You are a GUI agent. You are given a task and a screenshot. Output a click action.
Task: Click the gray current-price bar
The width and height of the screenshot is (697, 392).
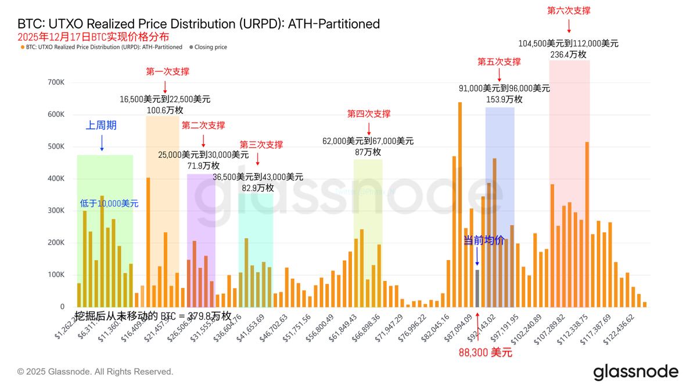coord(477,288)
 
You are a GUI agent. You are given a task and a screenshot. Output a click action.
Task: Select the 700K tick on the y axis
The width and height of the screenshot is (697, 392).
coord(56,82)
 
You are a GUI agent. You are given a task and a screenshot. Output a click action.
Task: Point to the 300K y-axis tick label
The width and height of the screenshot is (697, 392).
coord(56,211)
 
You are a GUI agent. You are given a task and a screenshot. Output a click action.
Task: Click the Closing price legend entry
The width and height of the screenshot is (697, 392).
coord(210,47)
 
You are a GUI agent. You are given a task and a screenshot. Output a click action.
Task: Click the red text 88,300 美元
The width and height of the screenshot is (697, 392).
coord(486,352)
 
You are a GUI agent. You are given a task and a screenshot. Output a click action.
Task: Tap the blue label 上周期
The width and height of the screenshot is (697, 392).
coord(102,125)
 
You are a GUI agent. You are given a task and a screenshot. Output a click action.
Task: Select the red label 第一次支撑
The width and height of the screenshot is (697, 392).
coord(167,72)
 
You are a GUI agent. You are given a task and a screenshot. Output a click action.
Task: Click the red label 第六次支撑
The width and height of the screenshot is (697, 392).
coord(569,10)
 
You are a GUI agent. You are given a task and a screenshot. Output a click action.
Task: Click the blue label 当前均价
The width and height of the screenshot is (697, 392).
coord(483,240)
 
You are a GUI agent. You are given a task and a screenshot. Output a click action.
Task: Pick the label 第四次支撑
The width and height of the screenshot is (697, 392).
coord(369,114)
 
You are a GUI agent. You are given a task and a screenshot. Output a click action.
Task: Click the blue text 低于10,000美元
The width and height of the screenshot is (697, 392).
coord(109,203)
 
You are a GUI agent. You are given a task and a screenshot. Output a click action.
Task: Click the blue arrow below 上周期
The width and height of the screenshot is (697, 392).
coord(102,143)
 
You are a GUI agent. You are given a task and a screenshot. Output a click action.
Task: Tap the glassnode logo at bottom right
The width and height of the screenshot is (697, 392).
coord(635,372)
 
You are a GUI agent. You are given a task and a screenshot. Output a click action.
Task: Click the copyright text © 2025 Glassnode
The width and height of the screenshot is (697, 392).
coord(95,372)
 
